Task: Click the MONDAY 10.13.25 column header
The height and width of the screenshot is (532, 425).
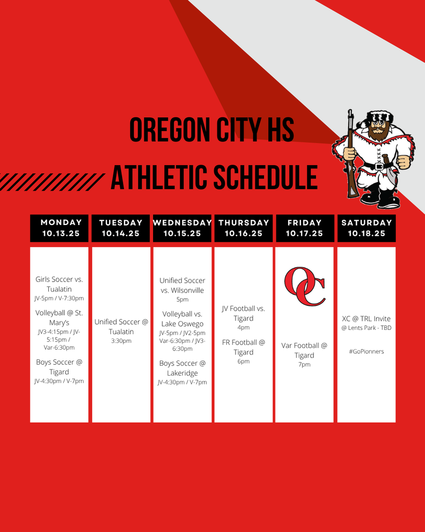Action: pos(59,228)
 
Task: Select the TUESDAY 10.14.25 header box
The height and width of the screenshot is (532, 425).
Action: pos(121,228)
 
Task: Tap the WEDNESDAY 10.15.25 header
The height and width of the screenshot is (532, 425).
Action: pos(182,228)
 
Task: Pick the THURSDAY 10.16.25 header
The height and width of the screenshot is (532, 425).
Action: pos(244,228)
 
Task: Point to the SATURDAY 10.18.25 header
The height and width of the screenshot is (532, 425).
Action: pos(366,228)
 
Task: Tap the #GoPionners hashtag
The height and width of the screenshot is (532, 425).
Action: pos(366,352)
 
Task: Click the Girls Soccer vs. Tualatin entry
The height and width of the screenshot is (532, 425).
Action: pos(59,284)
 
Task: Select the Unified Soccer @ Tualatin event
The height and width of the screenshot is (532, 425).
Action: pos(121,326)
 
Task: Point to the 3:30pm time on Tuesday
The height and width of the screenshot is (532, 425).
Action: pos(121,341)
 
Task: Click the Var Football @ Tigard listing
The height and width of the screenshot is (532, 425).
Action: pos(304,350)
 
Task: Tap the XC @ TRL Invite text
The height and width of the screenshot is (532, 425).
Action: pos(366,318)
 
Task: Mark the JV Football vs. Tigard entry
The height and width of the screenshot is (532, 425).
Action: pos(244,313)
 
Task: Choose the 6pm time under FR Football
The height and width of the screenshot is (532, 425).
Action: pos(244,362)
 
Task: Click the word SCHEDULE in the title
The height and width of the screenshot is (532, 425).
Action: pos(266,177)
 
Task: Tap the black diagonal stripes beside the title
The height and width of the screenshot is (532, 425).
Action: pos(51,182)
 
